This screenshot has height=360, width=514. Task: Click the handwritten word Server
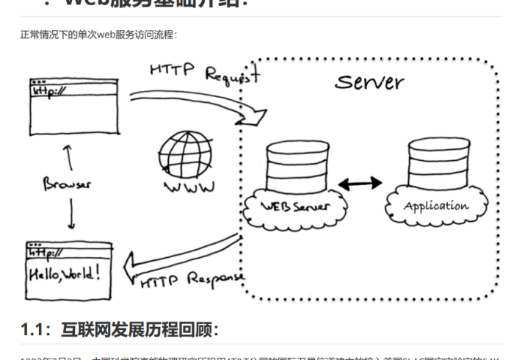click(x=369, y=80)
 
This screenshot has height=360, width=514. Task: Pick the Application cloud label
click(x=435, y=206)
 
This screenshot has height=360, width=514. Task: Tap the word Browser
click(x=67, y=183)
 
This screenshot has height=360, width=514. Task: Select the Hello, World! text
click(x=65, y=274)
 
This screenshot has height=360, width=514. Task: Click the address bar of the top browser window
click(x=73, y=90)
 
